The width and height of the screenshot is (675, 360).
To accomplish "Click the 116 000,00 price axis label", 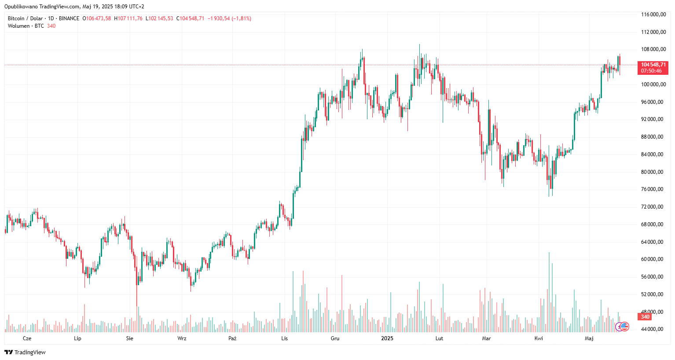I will point(653,15).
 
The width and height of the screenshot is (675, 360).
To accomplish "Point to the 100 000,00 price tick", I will point(653,84).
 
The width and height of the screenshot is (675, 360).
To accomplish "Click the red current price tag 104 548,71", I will point(653,65).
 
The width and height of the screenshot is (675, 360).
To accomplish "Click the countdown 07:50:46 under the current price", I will point(651,71).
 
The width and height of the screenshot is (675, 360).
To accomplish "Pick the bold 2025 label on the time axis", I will point(387,338).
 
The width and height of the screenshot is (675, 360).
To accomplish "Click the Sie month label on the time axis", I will point(129,338).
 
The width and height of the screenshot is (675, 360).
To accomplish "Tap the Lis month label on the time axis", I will point(285,338).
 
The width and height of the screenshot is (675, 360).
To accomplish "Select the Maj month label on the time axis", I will point(589,338).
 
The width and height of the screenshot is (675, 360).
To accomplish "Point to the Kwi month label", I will point(539,338).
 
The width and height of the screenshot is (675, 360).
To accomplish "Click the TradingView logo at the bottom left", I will point(25,352).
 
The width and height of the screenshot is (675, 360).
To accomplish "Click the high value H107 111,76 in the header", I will point(128,18).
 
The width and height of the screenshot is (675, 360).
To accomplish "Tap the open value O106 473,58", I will point(97,18).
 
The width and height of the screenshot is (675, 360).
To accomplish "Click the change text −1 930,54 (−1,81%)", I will point(229,18).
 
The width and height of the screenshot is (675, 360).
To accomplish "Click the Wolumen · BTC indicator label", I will point(26,26).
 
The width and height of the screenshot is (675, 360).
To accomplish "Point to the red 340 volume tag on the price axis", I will point(645,317).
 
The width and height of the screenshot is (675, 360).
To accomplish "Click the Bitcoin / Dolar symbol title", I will point(25,18).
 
